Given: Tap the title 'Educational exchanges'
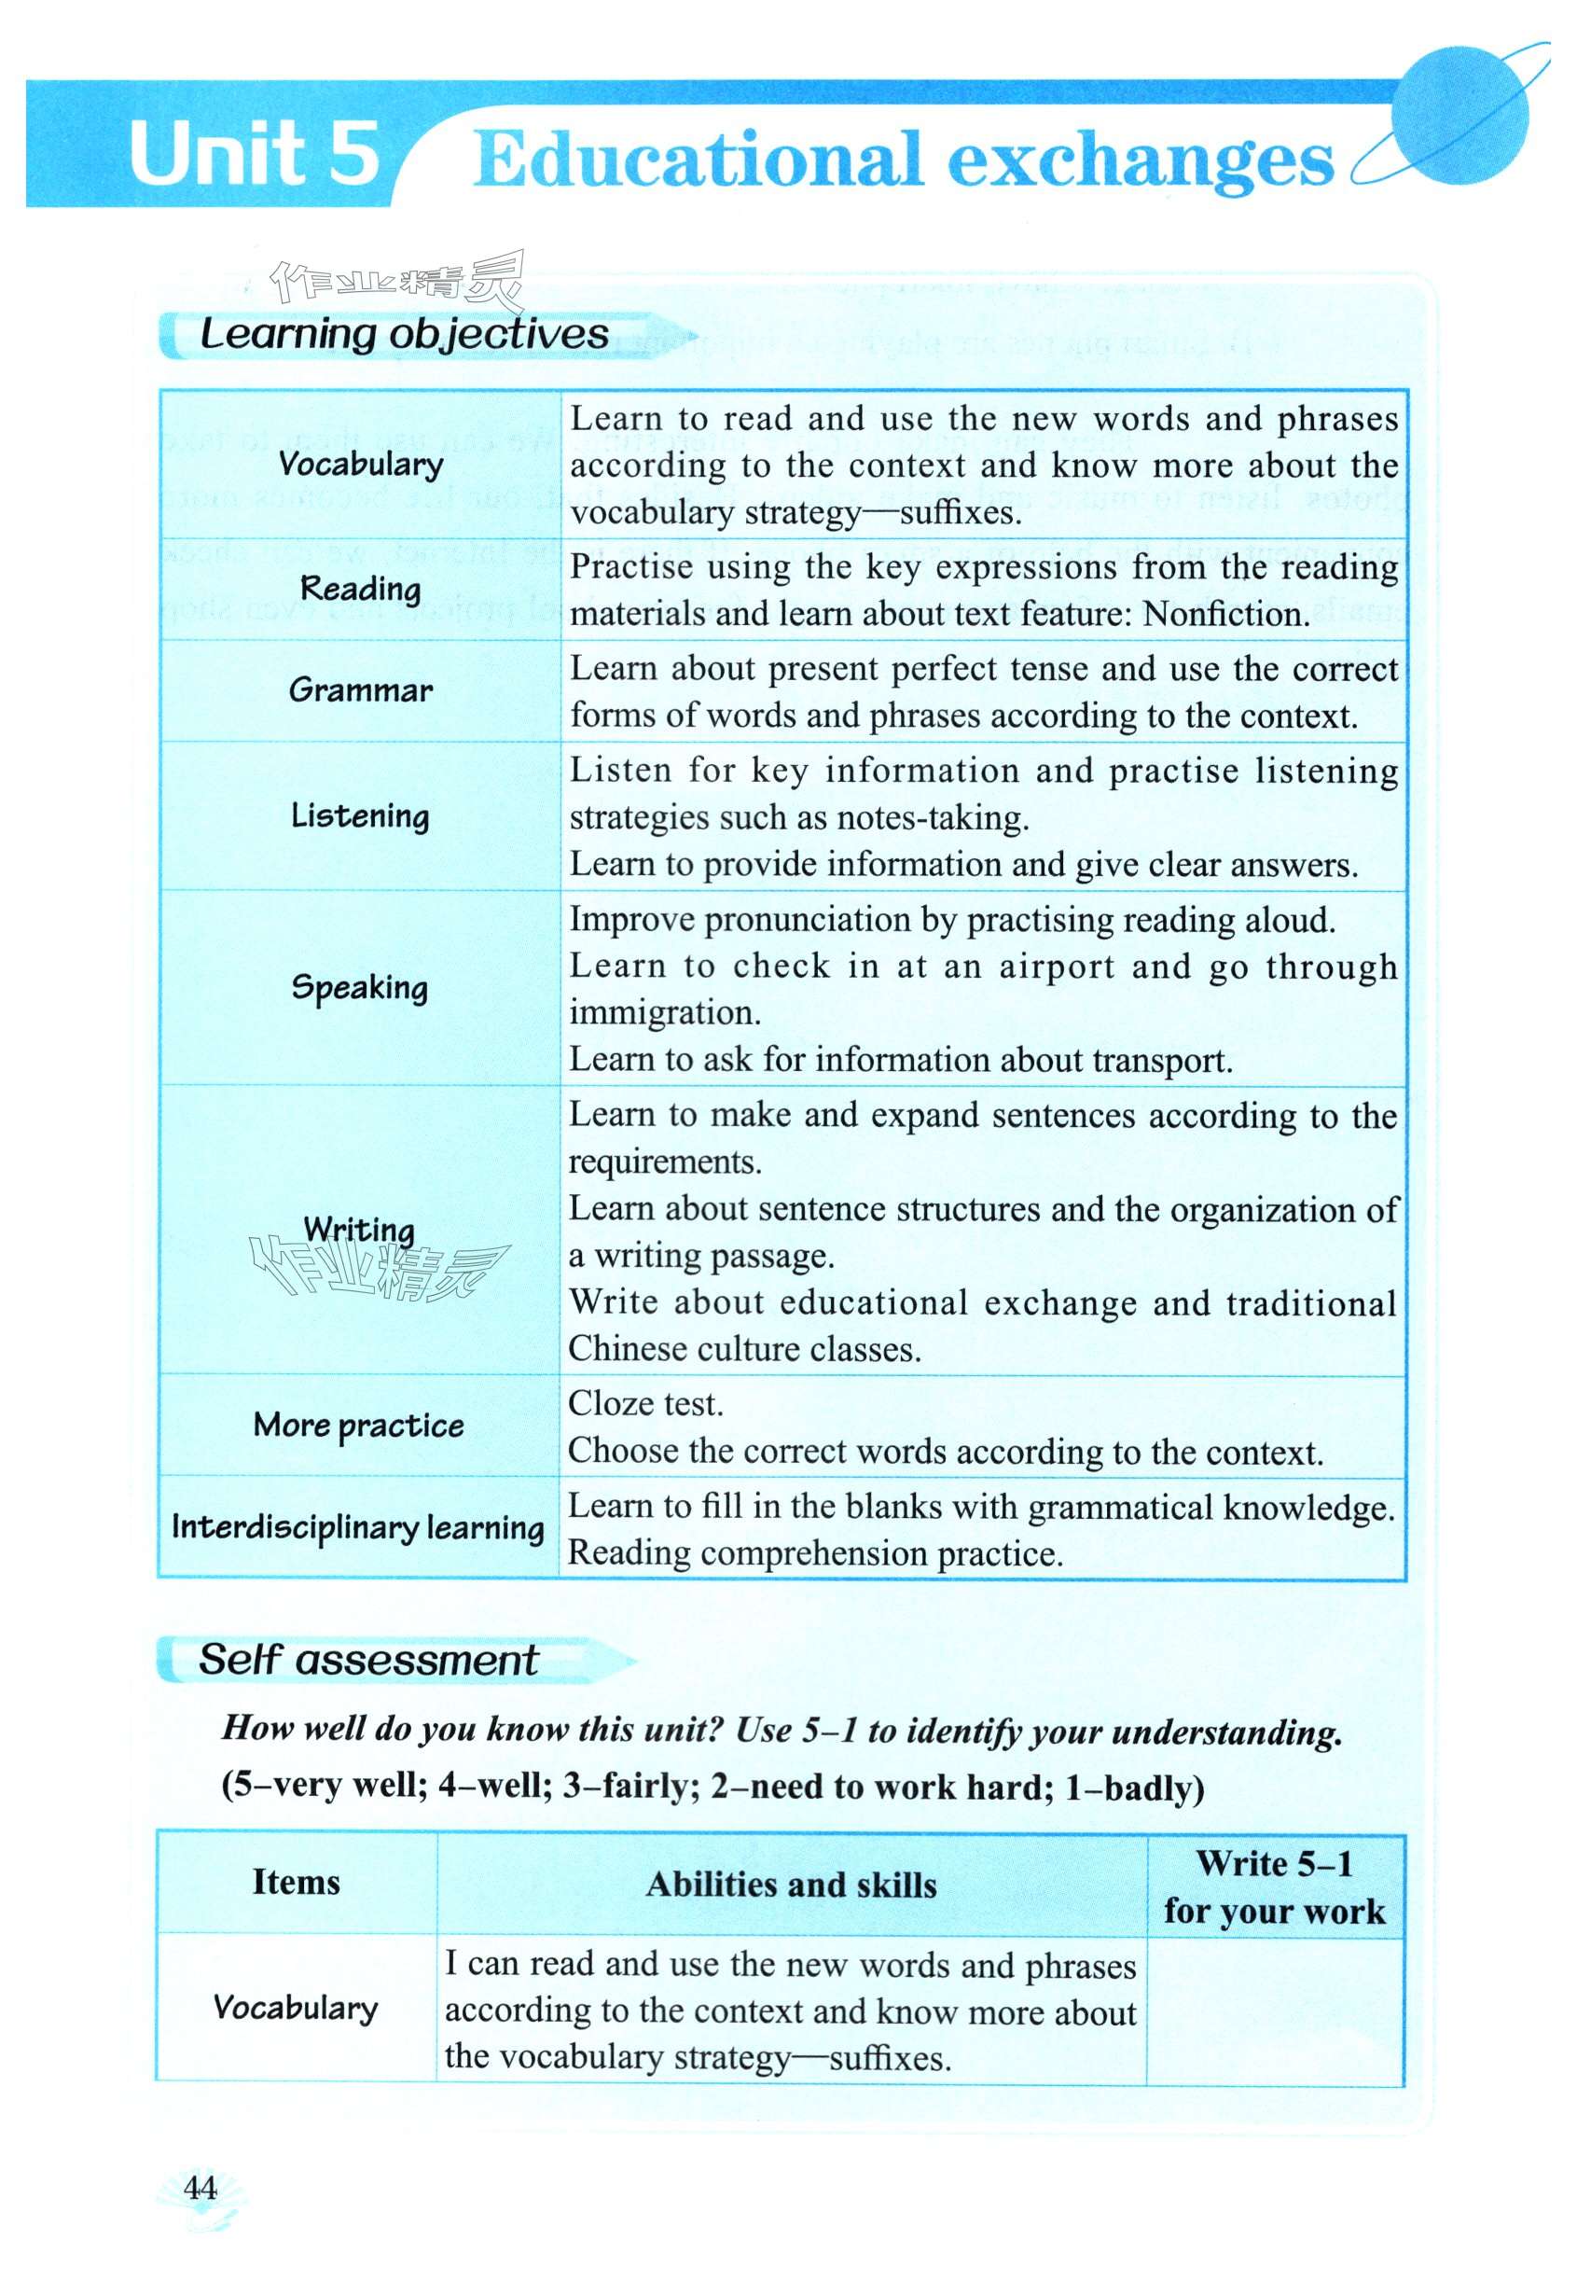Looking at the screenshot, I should (x=902, y=160).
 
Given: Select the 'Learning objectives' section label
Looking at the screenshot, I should (x=404, y=334).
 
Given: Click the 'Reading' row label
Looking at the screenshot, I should (x=360, y=589).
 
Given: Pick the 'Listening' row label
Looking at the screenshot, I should (x=360, y=815).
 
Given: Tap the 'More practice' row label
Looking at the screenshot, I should (x=358, y=1426).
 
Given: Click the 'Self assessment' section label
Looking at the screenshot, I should (x=367, y=1661).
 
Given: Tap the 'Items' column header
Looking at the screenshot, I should (x=296, y=1882).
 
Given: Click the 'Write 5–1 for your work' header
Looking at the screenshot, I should (x=1275, y=1886).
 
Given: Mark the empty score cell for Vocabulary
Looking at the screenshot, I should (x=1275, y=2011).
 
